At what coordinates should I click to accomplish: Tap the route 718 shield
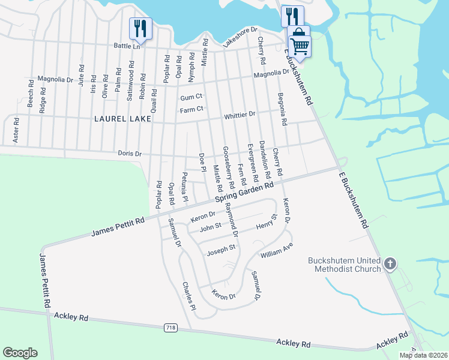170,328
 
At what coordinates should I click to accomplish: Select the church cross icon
390,263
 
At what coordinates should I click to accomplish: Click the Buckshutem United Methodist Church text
345,265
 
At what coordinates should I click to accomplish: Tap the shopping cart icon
300,45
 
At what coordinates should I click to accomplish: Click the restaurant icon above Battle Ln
140,28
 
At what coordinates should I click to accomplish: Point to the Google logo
20,353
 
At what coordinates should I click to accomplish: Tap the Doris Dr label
129,154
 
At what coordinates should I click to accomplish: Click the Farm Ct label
192,109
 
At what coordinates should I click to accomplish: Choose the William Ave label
276,250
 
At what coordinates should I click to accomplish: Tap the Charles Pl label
189,292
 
